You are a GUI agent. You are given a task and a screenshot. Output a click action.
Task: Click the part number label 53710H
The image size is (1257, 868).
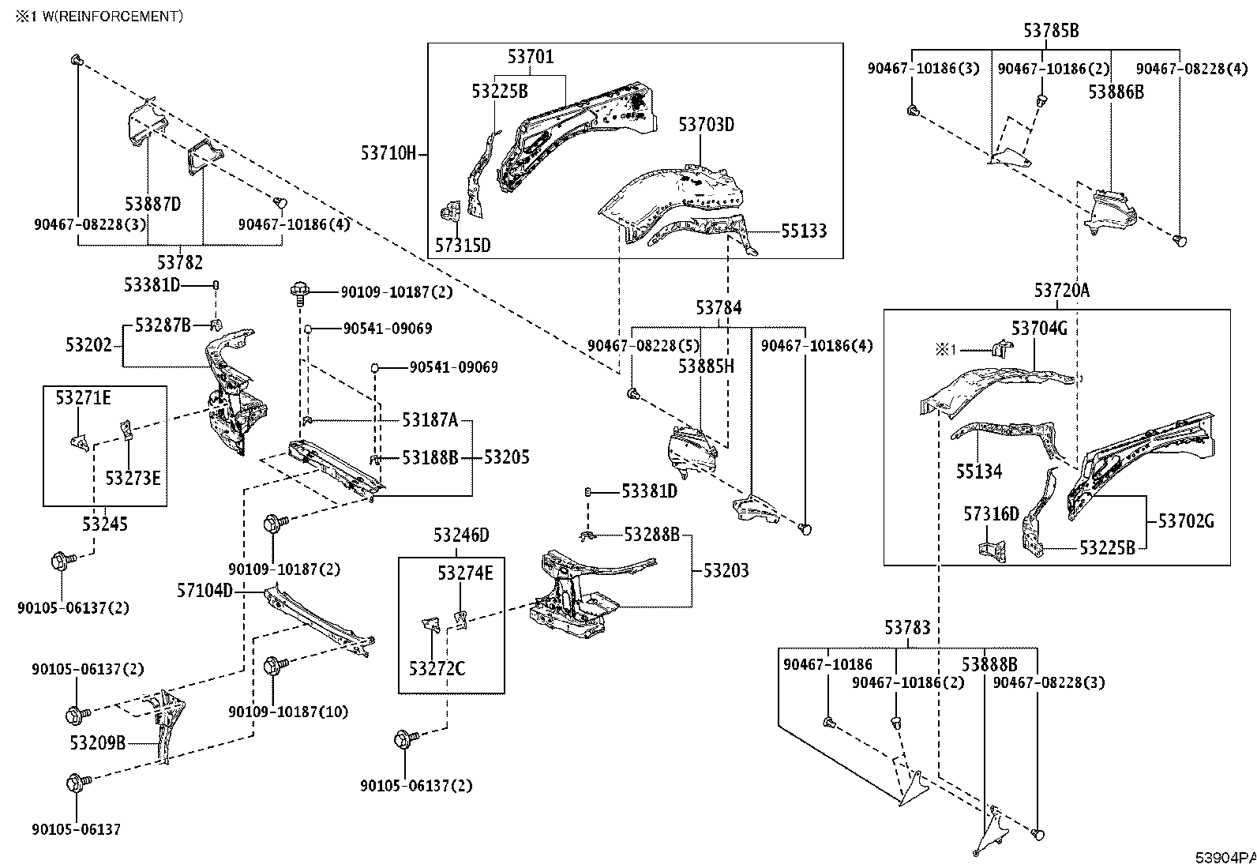click(388, 152)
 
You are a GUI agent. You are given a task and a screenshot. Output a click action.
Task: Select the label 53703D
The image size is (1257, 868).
click(706, 124)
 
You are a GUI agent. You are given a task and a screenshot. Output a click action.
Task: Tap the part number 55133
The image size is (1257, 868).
click(804, 231)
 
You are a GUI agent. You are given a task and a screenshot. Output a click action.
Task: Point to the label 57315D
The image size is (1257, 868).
click(463, 246)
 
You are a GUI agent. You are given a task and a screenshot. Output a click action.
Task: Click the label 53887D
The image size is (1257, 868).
click(152, 204)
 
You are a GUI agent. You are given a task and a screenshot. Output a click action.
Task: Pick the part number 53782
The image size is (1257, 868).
click(179, 262)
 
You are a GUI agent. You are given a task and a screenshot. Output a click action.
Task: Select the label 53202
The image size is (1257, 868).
click(88, 344)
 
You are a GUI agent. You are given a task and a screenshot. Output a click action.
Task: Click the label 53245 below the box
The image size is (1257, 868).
click(105, 524)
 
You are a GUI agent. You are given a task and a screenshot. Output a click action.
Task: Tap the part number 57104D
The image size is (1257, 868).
click(204, 591)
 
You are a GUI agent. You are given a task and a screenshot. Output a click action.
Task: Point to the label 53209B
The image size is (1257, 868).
click(98, 742)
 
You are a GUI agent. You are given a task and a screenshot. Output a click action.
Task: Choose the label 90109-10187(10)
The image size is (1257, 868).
click(288, 712)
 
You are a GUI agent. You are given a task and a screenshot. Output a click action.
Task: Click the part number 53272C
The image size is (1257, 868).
click(437, 669)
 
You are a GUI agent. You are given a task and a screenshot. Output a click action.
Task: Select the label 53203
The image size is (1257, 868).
click(726, 571)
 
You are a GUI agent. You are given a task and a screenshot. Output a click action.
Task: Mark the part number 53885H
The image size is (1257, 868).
click(706, 366)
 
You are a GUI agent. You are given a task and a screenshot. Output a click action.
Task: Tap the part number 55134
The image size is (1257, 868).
click(979, 472)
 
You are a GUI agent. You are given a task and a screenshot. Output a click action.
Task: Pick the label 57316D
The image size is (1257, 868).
click(991, 513)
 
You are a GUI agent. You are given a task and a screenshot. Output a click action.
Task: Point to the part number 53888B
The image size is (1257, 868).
click(989, 665)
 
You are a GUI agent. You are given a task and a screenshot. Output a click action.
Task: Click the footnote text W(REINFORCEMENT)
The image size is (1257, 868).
click(113, 17)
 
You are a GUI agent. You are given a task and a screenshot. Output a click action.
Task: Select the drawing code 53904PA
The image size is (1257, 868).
click(1225, 858)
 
